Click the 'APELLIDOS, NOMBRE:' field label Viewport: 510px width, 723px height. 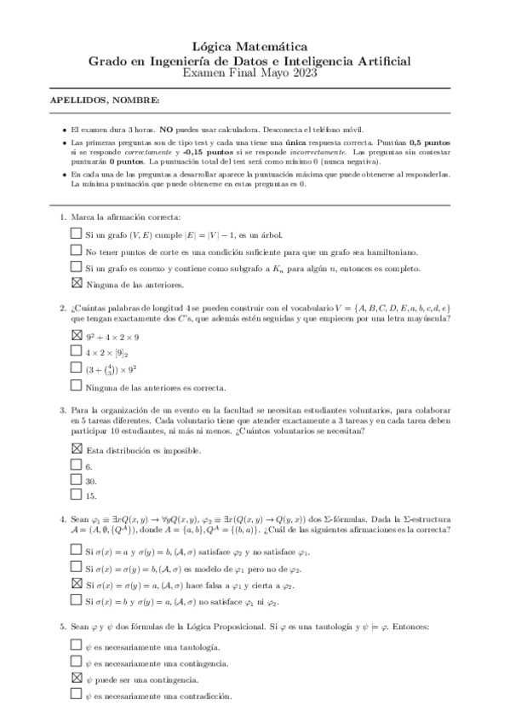(x=105, y=101)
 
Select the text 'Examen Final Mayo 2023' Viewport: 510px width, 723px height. (x=255, y=74)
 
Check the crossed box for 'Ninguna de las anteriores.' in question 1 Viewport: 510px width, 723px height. (x=77, y=284)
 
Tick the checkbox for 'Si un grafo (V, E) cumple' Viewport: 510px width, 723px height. (x=77, y=234)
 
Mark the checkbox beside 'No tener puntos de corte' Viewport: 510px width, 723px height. (x=77, y=251)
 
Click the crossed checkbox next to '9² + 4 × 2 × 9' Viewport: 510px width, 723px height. (x=77, y=335)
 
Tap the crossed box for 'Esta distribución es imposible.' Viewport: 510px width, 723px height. (x=77, y=448)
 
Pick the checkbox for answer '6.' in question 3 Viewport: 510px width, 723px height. (x=77, y=466)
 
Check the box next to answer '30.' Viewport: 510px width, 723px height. (x=77, y=480)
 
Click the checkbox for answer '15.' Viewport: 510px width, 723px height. (x=77, y=495)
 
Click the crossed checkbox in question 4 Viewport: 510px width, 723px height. (x=77, y=584)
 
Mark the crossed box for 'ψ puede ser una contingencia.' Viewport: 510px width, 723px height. (x=77, y=679)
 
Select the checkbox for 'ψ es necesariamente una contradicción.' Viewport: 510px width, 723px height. (x=77, y=696)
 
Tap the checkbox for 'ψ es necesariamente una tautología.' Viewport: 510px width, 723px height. (x=77, y=645)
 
